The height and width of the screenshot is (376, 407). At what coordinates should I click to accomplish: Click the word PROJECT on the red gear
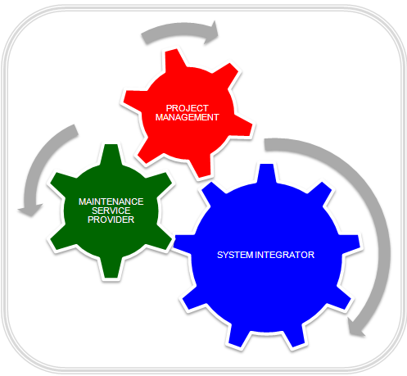click(x=188, y=108)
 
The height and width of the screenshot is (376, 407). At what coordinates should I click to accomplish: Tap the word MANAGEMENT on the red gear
click(x=188, y=117)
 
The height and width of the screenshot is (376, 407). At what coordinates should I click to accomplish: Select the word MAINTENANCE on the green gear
click(x=111, y=202)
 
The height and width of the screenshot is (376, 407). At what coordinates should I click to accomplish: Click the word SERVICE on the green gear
click(x=111, y=211)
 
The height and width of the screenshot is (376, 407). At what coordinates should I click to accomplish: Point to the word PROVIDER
click(x=111, y=220)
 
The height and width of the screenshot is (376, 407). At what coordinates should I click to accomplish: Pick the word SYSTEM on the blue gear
click(x=235, y=255)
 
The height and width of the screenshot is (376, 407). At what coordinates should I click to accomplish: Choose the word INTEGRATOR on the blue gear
click(x=285, y=255)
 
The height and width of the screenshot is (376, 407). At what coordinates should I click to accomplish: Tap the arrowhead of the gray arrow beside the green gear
click(x=30, y=210)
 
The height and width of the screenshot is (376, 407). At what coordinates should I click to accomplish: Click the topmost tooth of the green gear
click(x=111, y=154)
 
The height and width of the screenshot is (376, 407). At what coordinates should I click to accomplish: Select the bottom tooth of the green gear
click(x=111, y=268)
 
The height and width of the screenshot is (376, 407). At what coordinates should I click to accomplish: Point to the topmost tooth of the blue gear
click(x=267, y=174)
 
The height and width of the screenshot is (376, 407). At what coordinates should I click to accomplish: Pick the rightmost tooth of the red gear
click(x=243, y=125)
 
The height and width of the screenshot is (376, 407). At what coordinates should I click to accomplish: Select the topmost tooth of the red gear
click(x=174, y=59)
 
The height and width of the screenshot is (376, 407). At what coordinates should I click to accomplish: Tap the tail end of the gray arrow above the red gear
click(x=145, y=39)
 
